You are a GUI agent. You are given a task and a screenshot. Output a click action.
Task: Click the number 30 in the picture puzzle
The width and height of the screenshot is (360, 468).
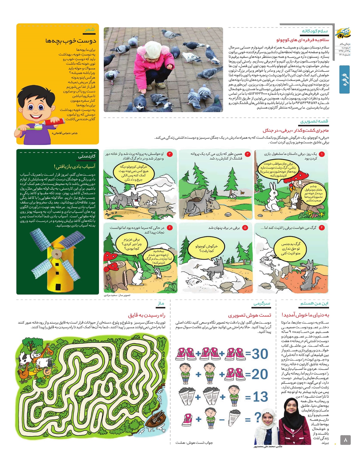(260, 354)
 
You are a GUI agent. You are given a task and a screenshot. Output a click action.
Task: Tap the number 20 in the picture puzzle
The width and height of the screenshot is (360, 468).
(260, 374)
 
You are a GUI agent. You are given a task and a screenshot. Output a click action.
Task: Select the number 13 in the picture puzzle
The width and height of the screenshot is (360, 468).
(260, 397)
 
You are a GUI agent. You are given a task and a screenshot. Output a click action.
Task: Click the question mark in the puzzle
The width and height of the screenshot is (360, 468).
(257, 417)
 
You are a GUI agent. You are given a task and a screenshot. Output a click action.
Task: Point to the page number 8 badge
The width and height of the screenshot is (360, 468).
(345, 440)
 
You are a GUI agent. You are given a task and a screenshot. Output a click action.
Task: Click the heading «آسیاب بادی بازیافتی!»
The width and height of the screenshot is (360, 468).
(75, 166)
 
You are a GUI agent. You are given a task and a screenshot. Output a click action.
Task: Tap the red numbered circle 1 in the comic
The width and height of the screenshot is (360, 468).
(322, 154)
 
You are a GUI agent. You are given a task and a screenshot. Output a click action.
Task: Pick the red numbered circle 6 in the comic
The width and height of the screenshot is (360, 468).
(169, 228)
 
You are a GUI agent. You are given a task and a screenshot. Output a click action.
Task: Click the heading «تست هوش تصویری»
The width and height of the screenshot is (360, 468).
(249, 315)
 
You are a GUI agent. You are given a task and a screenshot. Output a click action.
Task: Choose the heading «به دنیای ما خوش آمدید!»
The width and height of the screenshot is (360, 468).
(305, 315)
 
